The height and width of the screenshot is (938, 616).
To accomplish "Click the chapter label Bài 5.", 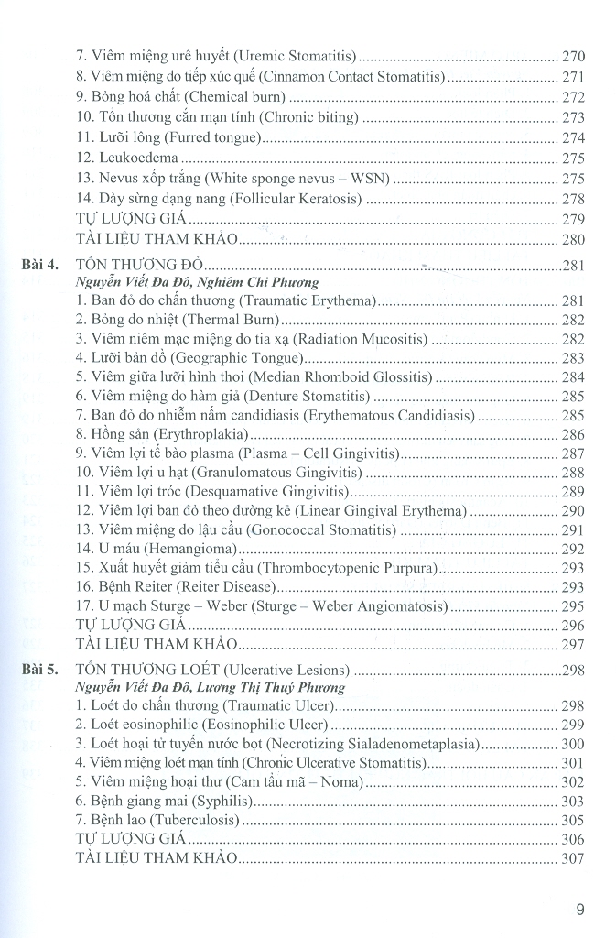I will click(41, 671).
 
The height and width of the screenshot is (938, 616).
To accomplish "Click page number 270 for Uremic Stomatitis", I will click(573, 57).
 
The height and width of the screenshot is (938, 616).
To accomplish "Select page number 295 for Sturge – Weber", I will click(573, 607).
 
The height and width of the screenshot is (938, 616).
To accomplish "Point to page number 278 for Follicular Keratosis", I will click(573, 199).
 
